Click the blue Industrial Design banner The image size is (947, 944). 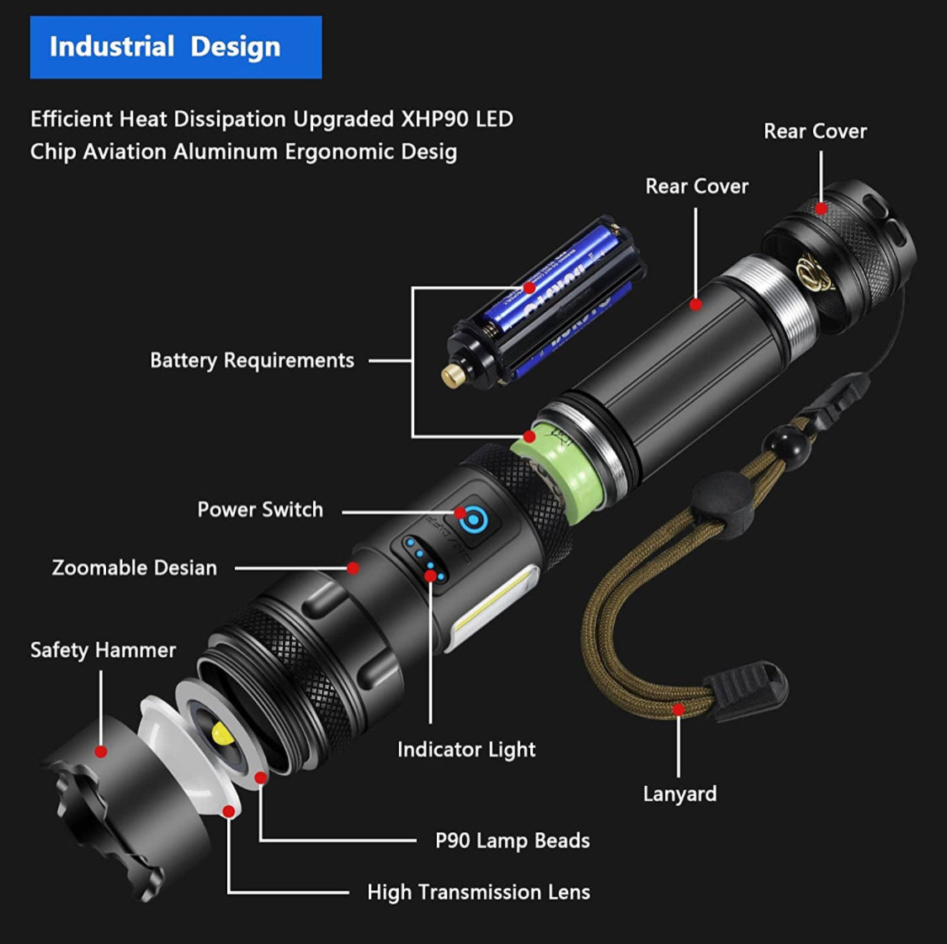pos(175,47)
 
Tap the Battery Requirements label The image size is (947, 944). pos(252,361)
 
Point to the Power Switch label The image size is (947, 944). pos(260,510)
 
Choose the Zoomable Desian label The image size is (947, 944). pos(135,568)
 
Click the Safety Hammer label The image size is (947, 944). pos(103,650)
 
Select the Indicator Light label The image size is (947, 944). pos(466,750)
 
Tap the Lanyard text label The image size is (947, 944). pos(679,794)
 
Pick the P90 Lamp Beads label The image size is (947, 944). pos(512,841)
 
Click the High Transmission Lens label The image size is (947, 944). pos(478,893)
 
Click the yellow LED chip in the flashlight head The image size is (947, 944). pos(223,733)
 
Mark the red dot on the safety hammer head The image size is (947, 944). pos(101,751)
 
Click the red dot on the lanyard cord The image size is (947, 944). pos(678,709)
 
